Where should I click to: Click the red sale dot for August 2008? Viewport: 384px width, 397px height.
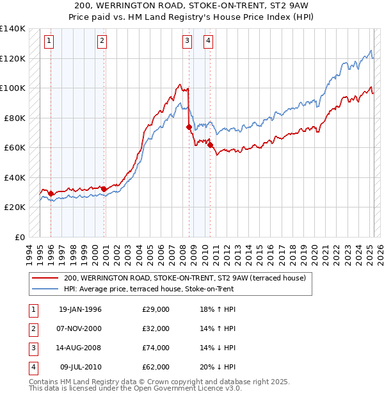(189, 127)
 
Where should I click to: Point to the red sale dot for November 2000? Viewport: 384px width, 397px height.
(103, 189)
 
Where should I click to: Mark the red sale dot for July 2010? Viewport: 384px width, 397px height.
(209, 145)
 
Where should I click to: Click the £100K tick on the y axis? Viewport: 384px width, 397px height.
(12, 88)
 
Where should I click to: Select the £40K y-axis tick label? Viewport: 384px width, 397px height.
(14, 177)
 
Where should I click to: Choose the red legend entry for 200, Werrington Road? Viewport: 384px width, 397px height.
(186, 278)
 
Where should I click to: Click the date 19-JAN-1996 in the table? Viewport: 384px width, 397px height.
(80, 309)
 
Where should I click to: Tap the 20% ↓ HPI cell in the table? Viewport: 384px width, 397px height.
(218, 367)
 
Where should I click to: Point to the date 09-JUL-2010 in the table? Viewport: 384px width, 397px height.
(81, 367)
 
